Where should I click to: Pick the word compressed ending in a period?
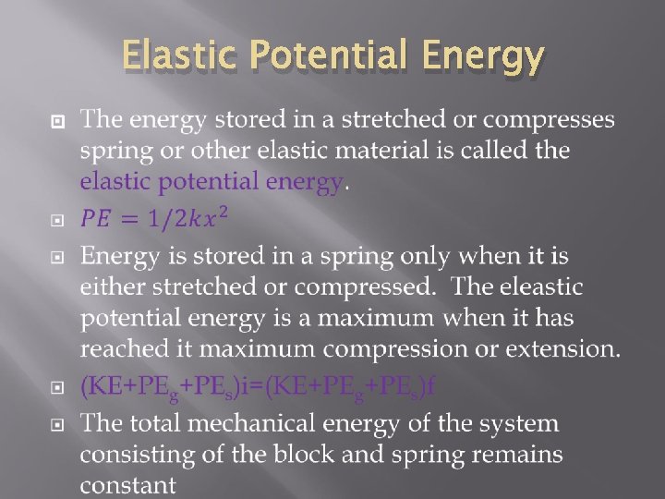tap(369, 286)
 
